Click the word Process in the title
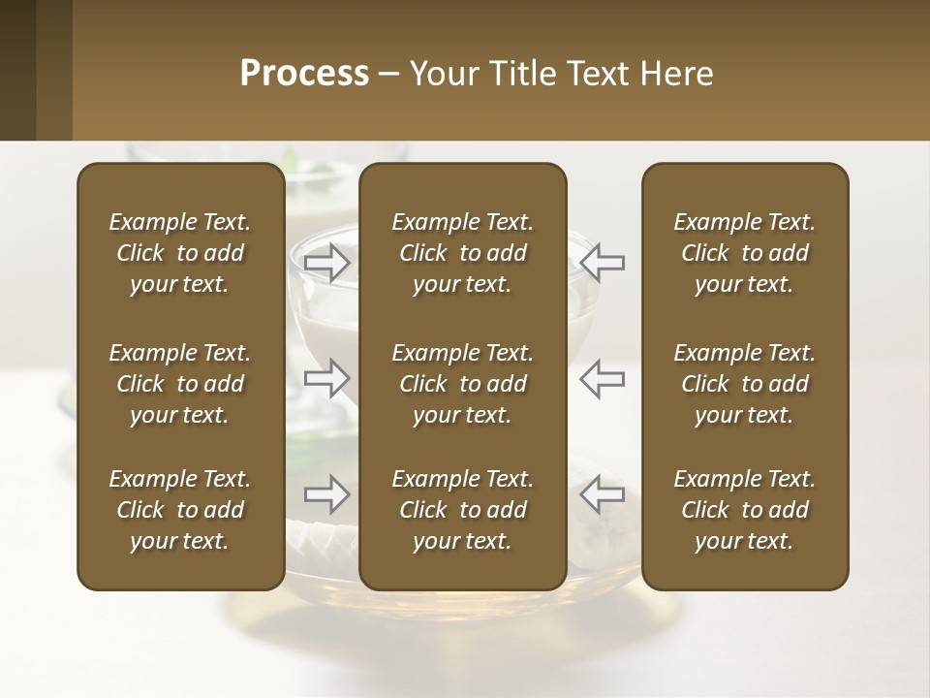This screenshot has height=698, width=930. pyautogui.click(x=304, y=74)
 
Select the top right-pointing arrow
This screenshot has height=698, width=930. pyautogui.click(x=326, y=262)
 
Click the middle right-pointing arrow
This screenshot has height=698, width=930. pyautogui.click(x=326, y=378)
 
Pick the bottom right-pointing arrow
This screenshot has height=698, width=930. pyautogui.click(x=326, y=494)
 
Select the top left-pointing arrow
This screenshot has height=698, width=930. pyautogui.click(x=603, y=262)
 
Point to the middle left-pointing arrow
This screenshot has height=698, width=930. pyautogui.click(x=603, y=378)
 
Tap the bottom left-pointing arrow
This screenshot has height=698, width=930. pyautogui.click(x=603, y=494)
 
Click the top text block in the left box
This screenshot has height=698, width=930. pyautogui.click(x=180, y=253)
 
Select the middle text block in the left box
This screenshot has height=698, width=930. pyautogui.click(x=180, y=384)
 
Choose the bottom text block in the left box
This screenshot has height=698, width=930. pyautogui.click(x=180, y=510)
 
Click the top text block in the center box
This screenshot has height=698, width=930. pyautogui.click(x=463, y=253)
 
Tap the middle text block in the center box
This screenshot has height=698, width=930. pyautogui.click(x=463, y=384)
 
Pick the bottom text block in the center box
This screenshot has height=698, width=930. pyautogui.click(x=463, y=510)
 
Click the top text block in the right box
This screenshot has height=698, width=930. pyautogui.click(x=745, y=253)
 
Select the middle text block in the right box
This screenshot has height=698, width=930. pyautogui.click(x=745, y=384)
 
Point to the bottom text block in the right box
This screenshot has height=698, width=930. pyautogui.click(x=745, y=510)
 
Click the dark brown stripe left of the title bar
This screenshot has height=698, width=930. pyautogui.click(x=17, y=70)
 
